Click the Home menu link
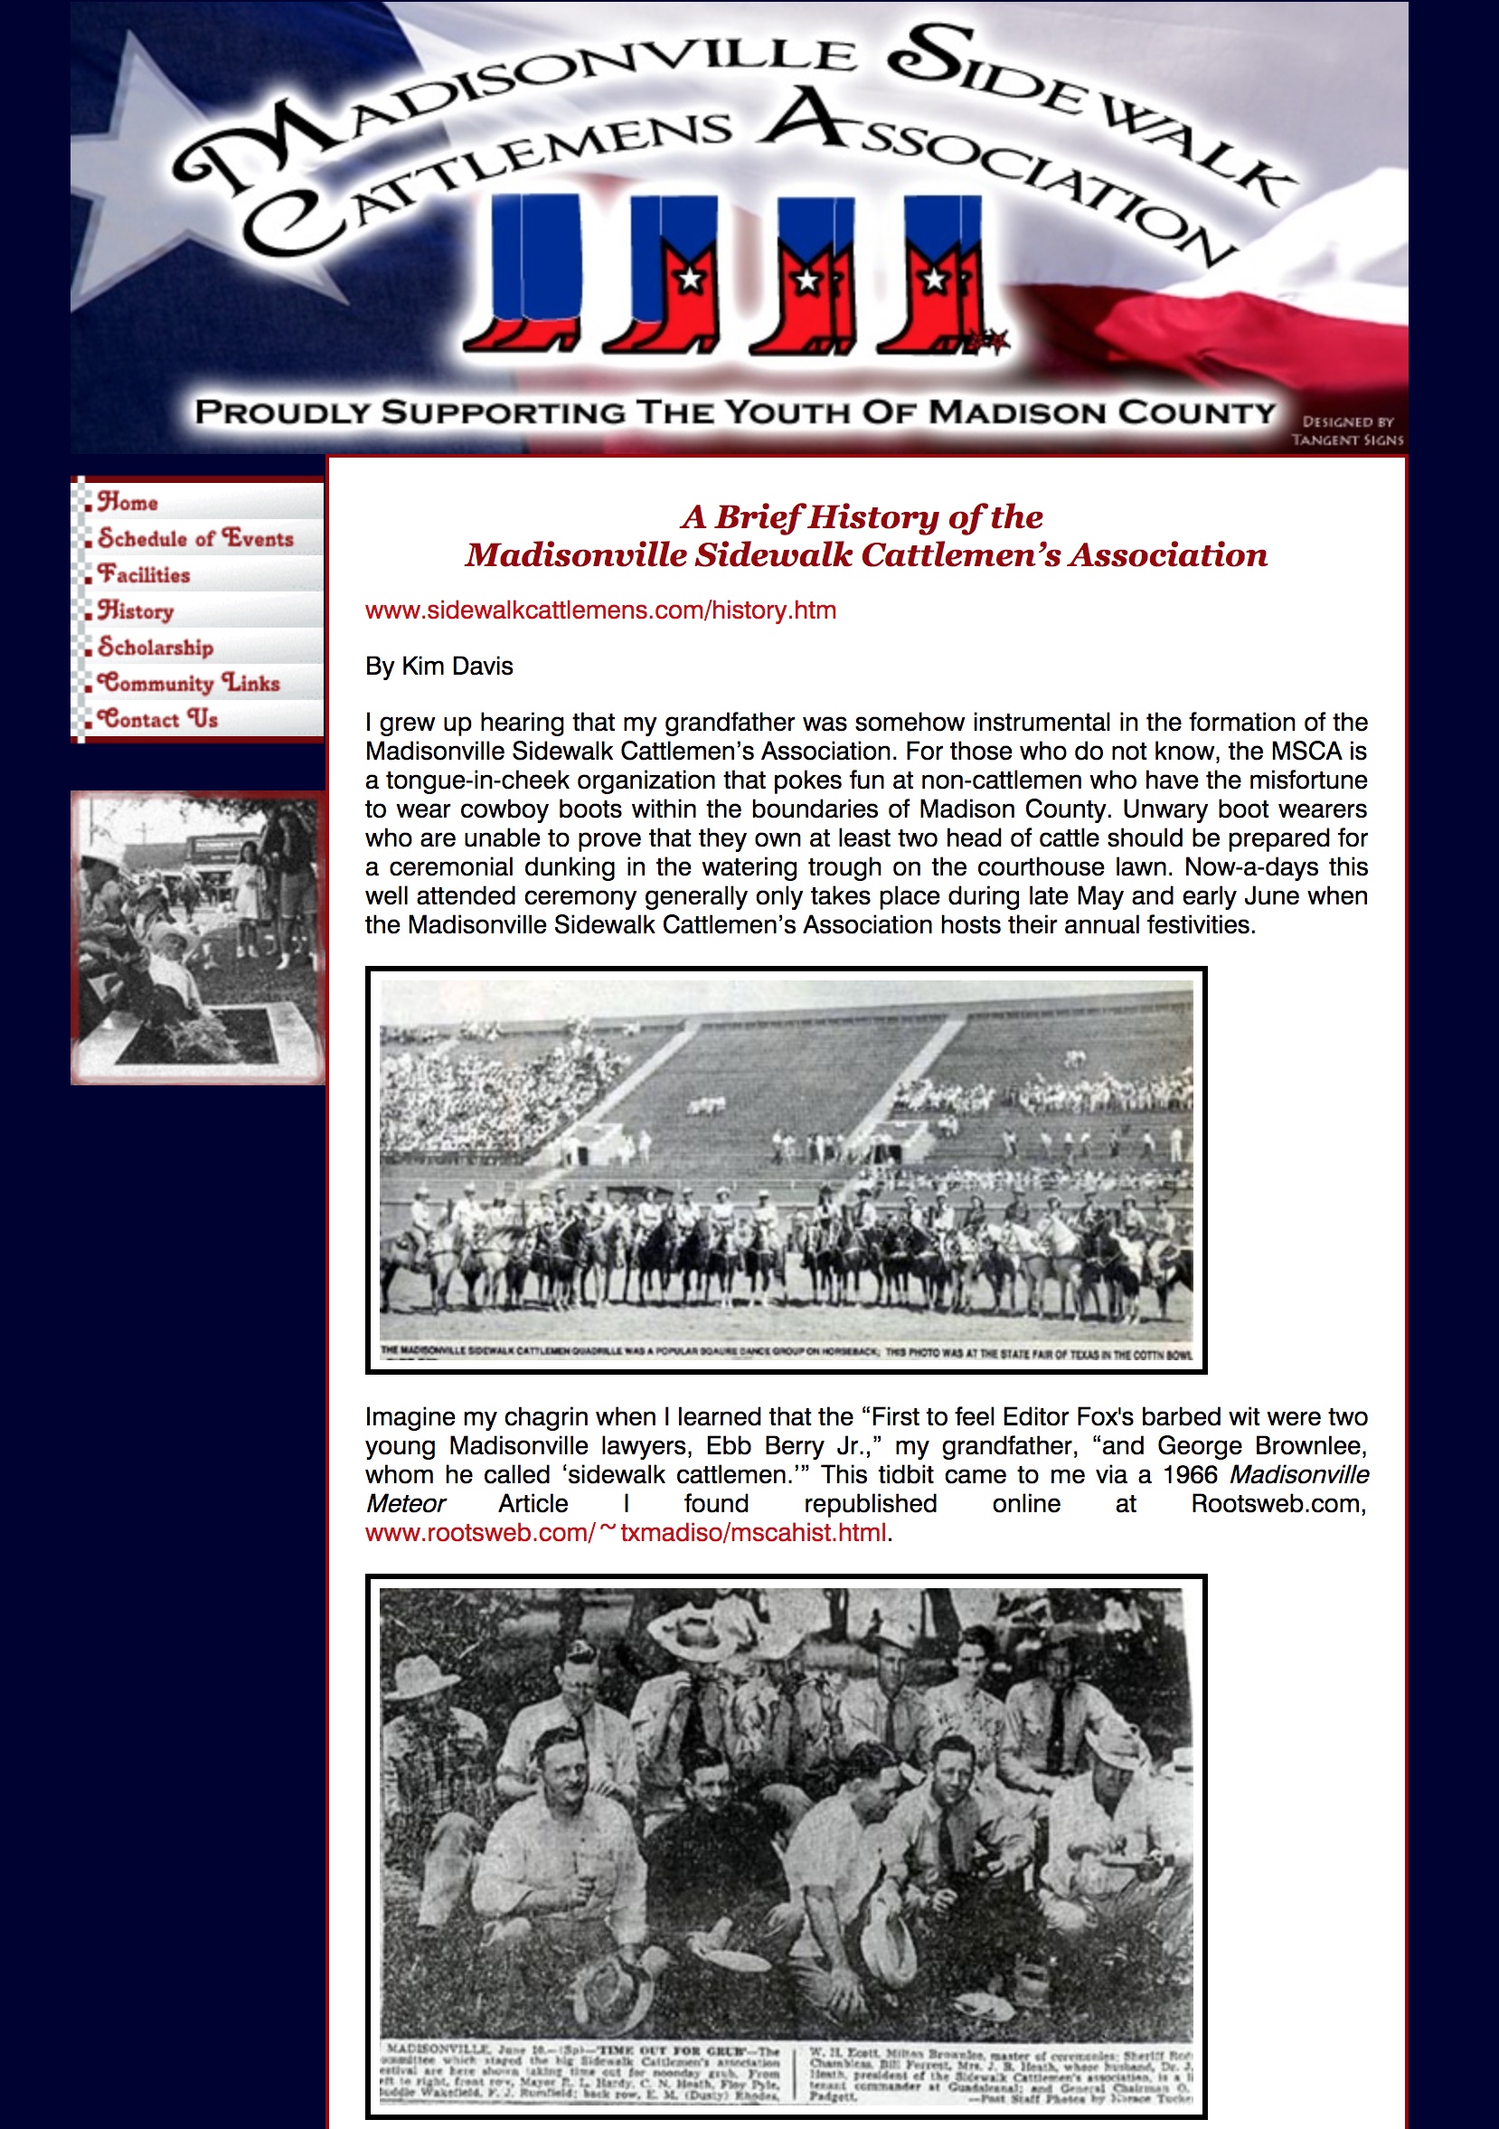pos(127,503)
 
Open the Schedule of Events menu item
pos(195,539)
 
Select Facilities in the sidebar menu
pos(144,575)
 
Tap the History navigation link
pos(137,611)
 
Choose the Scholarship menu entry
pos(156,648)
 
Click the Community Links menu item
pos(189,684)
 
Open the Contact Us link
pos(158,720)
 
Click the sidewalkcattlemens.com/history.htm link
pos(600,610)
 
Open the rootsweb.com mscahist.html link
pos(626,1533)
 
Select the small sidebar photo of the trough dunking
pos(197,937)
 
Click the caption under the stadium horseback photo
pos(787,1354)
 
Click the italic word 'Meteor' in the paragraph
pos(405,1504)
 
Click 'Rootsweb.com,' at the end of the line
pos(1278,1504)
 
